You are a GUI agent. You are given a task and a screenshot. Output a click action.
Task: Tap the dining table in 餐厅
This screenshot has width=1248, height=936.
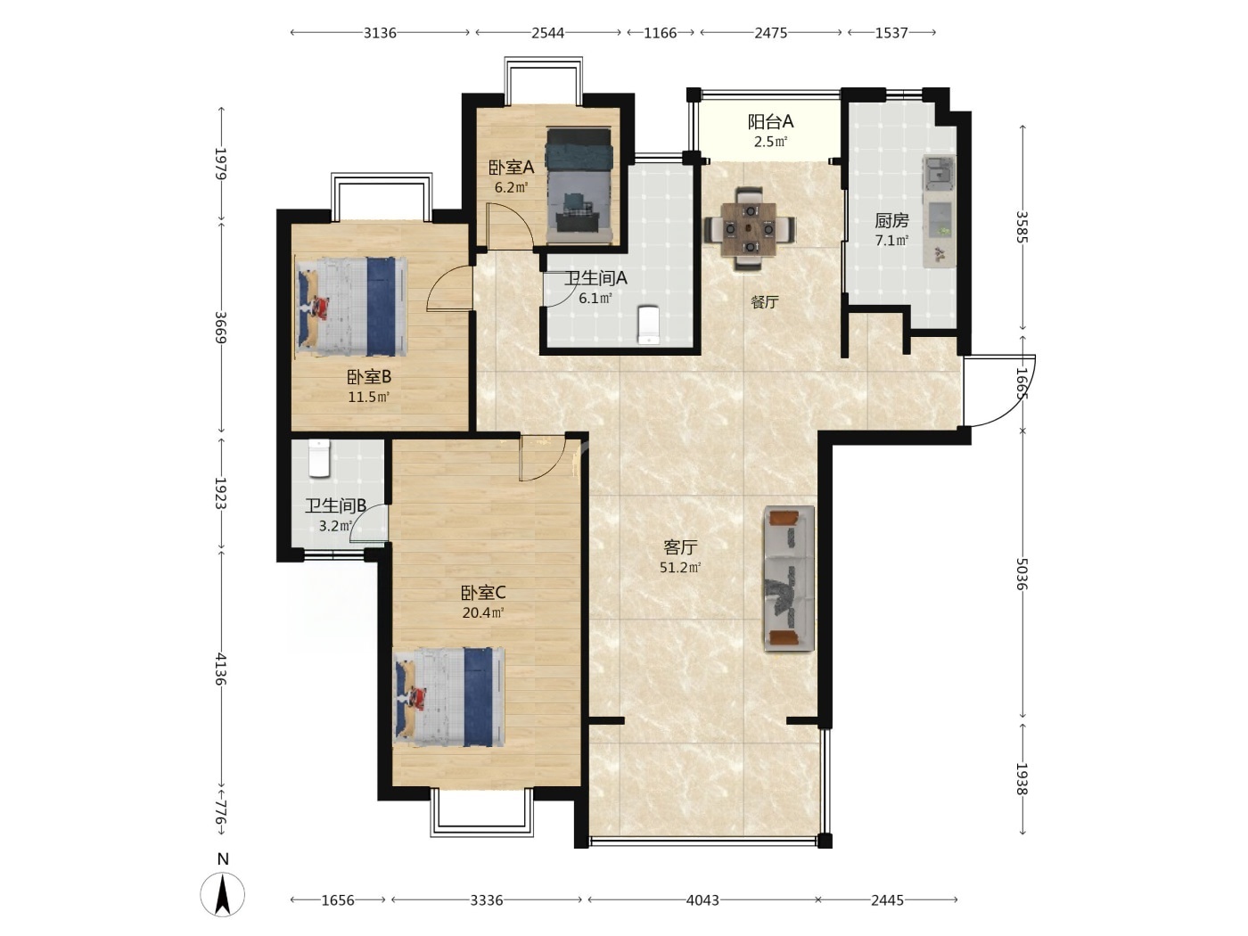pyautogui.click(x=750, y=229)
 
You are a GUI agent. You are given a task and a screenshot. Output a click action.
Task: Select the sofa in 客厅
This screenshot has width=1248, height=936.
pyautogui.click(x=789, y=578)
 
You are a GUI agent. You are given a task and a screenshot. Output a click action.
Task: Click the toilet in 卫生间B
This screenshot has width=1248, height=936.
pyautogui.click(x=319, y=458)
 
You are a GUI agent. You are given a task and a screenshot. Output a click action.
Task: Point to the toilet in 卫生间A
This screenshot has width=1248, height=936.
pyautogui.click(x=648, y=325)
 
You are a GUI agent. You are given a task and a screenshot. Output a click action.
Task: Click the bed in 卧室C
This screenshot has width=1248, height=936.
pyautogui.click(x=449, y=696)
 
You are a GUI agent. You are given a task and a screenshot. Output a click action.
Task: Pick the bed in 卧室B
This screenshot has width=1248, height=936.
pyautogui.click(x=351, y=307)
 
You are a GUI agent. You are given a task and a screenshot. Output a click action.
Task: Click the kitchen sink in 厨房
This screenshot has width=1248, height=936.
pyautogui.click(x=939, y=172)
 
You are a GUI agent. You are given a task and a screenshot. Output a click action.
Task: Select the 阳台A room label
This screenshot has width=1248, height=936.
pyautogui.click(x=770, y=121)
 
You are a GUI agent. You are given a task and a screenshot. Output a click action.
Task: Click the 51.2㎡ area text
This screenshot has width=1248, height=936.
pyautogui.click(x=680, y=567)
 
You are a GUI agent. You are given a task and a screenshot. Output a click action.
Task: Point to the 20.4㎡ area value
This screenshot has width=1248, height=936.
pyautogui.click(x=483, y=612)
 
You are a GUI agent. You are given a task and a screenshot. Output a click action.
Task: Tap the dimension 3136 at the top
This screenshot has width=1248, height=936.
pyautogui.click(x=380, y=33)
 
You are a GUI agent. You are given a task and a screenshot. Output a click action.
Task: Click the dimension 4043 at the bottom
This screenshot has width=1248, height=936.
pyautogui.click(x=702, y=899)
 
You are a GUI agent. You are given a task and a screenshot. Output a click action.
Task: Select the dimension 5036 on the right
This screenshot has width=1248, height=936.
pyautogui.click(x=1022, y=574)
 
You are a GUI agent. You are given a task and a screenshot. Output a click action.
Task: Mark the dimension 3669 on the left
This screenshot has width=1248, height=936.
pyautogui.click(x=221, y=327)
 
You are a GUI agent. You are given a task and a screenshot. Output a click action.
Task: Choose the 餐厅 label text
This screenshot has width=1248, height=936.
pyautogui.click(x=764, y=302)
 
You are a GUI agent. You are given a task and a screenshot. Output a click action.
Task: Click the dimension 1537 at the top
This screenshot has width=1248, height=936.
pyautogui.click(x=891, y=33)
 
